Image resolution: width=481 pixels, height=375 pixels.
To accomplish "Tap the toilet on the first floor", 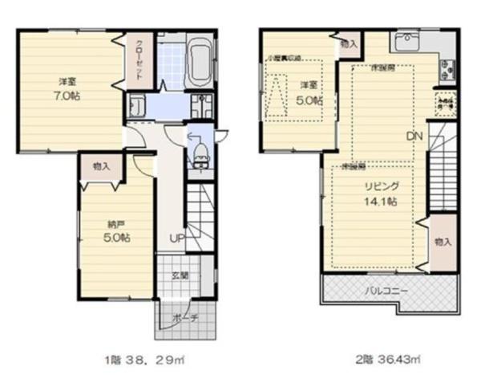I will pyautogui.click(x=198, y=149).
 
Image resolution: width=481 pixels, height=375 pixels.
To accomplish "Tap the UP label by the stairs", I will pyautogui.click(x=176, y=238).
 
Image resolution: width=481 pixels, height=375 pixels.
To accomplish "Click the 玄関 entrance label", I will pyautogui.click(x=180, y=275).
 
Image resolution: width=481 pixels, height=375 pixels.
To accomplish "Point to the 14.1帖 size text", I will pyautogui.click(x=381, y=202).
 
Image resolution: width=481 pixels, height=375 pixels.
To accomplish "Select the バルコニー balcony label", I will pyautogui.click(x=387, y=289).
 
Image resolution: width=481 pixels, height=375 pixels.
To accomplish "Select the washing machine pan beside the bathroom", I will pyautogui.click(x=136, y=105).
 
